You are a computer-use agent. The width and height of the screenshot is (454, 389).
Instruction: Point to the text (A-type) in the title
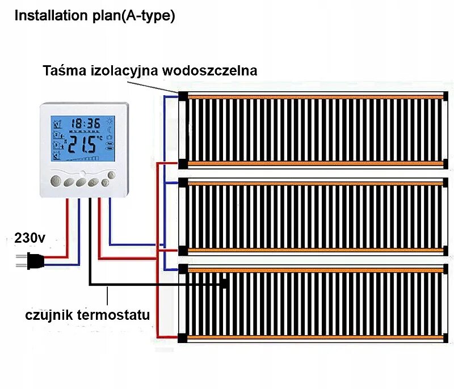click(152, 16)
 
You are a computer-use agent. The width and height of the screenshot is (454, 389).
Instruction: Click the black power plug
click(33, 261)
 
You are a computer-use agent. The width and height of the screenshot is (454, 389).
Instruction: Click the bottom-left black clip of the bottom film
click(182, 339)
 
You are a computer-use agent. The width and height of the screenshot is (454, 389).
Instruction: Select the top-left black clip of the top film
click(182, 95)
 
